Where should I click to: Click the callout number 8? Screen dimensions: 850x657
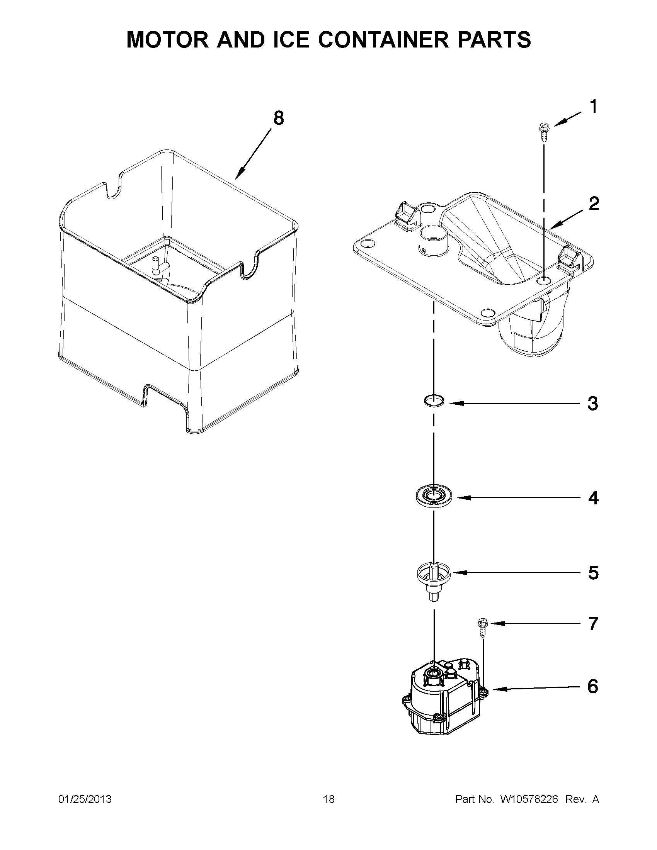pos(278,118)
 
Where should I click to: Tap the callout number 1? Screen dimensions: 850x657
pos(593,107)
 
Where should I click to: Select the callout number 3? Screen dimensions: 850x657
pos(592,404)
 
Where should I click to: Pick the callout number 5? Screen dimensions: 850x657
pos(593,572)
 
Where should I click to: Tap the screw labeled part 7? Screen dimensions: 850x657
pos(482,628)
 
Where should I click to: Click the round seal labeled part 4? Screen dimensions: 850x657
pos(434,496)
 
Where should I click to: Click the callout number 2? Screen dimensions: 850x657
pos(594,204)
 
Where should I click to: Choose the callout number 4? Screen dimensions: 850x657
pos(593,498)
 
